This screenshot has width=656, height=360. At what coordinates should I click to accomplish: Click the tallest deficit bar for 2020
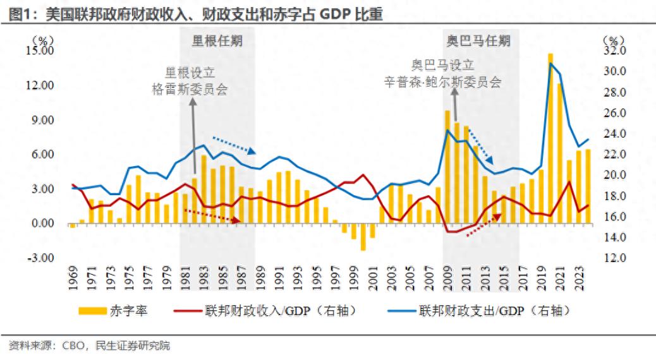[x=550, y=138]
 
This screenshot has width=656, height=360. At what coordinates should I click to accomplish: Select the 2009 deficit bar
[x=447, y=167]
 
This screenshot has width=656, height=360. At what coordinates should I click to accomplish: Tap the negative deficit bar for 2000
[x=363, y=237]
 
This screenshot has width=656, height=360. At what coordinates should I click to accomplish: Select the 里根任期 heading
[x=217, y=41]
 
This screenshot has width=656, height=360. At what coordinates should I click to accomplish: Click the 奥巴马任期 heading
[x=478, y=41]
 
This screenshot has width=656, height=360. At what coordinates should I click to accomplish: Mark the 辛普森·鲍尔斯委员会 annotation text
[x=442, y=81]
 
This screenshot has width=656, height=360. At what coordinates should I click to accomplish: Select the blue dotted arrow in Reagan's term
[x=234, y=145]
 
